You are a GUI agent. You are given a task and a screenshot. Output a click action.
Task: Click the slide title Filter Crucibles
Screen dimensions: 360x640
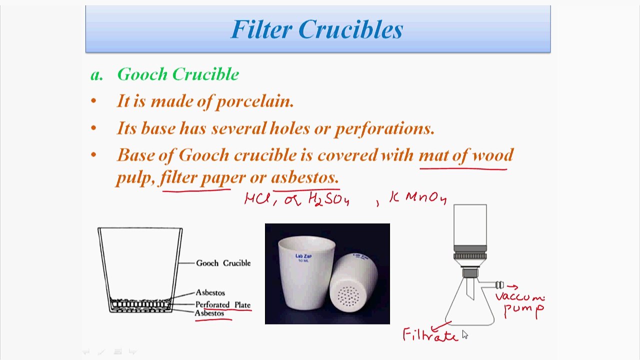pos(317,29)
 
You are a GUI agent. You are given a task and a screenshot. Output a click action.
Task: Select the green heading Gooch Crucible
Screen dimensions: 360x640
pos(178,74)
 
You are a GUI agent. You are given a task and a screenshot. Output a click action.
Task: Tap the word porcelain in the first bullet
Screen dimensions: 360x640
pos(254,101)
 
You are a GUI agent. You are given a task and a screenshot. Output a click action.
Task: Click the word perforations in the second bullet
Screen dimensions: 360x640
pos(384,128)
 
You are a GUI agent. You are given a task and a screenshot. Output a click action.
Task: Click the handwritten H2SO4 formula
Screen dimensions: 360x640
pos(328,199)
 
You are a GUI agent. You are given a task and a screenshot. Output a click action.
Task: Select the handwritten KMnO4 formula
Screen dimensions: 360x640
pos(418,198)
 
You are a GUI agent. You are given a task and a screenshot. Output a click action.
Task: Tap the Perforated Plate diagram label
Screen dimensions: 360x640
pos(222,304)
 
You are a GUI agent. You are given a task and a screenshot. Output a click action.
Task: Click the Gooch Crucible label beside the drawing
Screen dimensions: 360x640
pos(223,263)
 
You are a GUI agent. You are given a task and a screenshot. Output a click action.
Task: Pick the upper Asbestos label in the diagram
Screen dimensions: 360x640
pos(210,292)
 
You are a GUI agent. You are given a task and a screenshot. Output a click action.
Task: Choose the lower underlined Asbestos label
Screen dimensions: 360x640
pos(209,313)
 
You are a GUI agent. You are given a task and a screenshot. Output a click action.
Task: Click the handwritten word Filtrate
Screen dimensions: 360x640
pos(430,335)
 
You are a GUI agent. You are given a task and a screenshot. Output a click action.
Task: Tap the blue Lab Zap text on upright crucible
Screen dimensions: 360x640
pos(303,256)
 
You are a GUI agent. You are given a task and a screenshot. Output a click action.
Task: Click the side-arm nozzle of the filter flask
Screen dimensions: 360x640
pos(499,285)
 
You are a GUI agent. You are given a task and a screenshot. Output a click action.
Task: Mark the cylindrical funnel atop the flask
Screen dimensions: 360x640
pos(470,225)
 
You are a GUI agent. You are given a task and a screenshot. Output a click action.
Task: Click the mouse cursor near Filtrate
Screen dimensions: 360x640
pos(464,334)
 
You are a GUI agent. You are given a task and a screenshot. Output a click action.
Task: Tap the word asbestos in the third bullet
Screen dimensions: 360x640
pos(304,177)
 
